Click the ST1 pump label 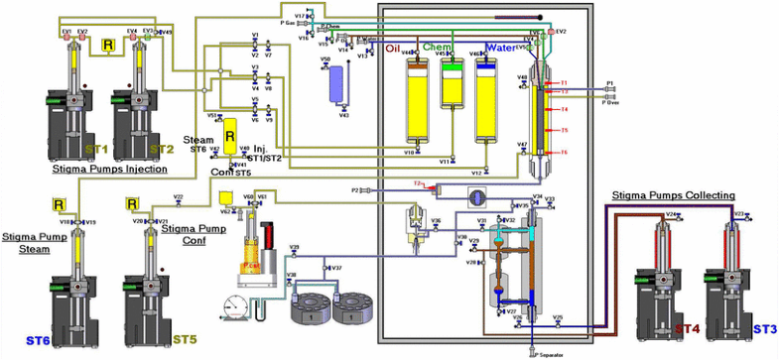[96, 149]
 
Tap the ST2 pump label [162, 149]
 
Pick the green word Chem [436, 47]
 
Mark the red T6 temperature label [563, 152]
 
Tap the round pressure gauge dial [235, 304]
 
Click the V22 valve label [178, 197]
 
